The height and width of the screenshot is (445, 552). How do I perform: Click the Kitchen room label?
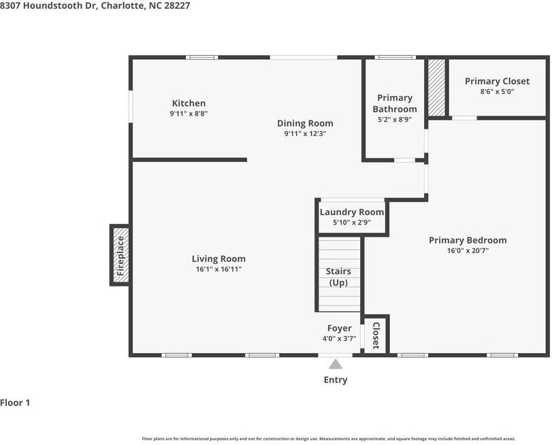(x=189, y=103)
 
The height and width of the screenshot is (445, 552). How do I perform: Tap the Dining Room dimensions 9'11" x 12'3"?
(x=305, y=134)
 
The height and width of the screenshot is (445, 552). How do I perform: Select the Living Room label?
(x=218, y=259)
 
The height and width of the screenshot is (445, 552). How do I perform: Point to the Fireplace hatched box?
(x=120, y=255)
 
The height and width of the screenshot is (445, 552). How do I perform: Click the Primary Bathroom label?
(x=395, y=103)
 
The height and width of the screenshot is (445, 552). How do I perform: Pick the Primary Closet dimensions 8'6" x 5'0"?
(x=497, y=92)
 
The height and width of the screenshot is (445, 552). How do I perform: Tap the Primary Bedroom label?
(x=468, y=240)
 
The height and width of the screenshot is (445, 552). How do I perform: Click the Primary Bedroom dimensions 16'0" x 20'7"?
(x=468, y=250)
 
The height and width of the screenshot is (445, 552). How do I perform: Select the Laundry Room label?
(x=352, y=212)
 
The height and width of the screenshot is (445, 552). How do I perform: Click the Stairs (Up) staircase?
(x=340, y=274)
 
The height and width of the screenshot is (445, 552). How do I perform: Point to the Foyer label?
(x=340, y=328)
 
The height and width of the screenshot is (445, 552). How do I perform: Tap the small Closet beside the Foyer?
(x=376, y=335)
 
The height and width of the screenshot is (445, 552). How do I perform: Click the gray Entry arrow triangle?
(x=336, y=365)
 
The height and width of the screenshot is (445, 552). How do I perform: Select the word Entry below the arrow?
(x=336, y=380)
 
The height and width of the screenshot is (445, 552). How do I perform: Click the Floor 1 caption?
(x=15, y=403)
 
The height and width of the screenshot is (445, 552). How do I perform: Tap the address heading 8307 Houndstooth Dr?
(x=48, y=5)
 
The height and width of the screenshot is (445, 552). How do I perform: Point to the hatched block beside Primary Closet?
(x=436, y=87)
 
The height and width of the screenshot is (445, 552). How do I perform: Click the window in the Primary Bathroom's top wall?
(x=395, y=57)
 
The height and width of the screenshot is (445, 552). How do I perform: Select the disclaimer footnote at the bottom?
(x=329, y=439)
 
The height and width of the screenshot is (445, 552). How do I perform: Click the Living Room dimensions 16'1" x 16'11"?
(x=218, y=269)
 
